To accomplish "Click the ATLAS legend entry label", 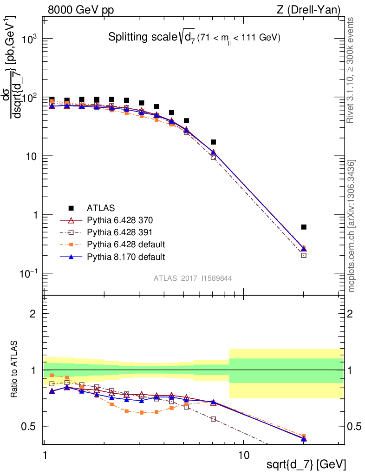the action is tap(101, 208).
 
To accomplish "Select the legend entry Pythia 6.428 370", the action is tap(120, 220).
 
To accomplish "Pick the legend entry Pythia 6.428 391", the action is tap(119, 232).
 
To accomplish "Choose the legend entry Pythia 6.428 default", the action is tap(126, 245).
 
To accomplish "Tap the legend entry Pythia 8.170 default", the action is tap(126, 257).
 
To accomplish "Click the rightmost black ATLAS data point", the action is tap(304, 227).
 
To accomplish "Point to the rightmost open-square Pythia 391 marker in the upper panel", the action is tap(304, 255).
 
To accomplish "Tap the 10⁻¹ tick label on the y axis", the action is tap(28, 273).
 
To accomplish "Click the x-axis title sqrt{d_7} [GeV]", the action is tap(306, 465).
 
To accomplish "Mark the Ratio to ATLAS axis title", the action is tap(13, 369).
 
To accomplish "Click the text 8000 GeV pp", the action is tap(81, 10).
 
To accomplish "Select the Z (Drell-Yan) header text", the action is tap(309, 10).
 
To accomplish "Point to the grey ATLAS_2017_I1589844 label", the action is tap(193, 278).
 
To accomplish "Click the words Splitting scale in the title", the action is tap(143, 37).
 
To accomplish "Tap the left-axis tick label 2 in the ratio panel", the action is tap(33, 314).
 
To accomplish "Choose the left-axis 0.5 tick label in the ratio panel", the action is tap(28, 427).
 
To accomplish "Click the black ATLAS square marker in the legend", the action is tap(71, 208).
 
